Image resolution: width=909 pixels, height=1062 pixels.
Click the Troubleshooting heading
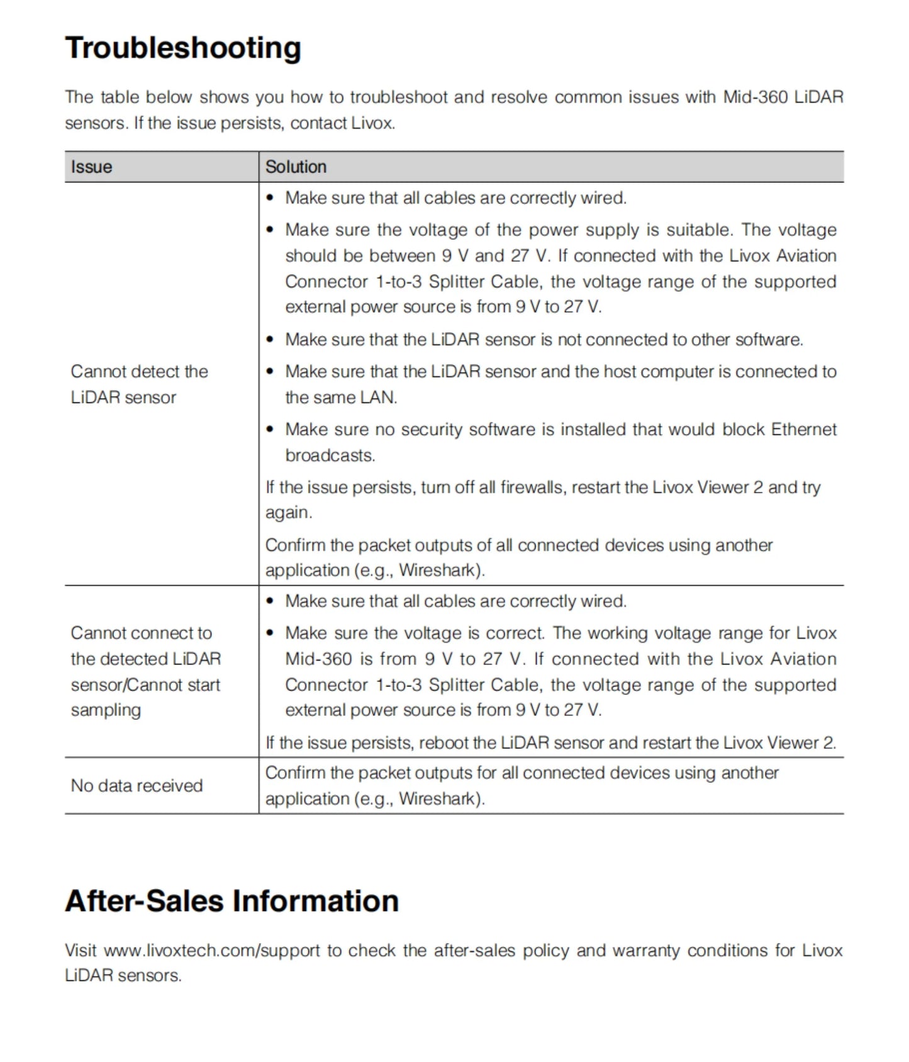[x=183, y=48]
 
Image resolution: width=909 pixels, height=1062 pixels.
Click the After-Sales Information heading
[x=231, y=900]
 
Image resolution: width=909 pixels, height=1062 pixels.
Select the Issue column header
[x=91, y=167]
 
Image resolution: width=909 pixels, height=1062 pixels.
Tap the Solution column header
[x=296, y=167]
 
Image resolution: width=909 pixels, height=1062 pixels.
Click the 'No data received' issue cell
[x=137, y=785]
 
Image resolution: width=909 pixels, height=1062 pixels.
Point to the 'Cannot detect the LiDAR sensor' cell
[x=139, y=384]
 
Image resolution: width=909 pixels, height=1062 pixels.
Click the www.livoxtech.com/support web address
[x=212, y=950]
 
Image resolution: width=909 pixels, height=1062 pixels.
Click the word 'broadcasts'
[x=329, y=455]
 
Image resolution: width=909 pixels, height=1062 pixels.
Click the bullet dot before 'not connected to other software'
[x=270, y=340]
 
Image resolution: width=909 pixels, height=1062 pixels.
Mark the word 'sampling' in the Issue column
[x=106, y=710]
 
